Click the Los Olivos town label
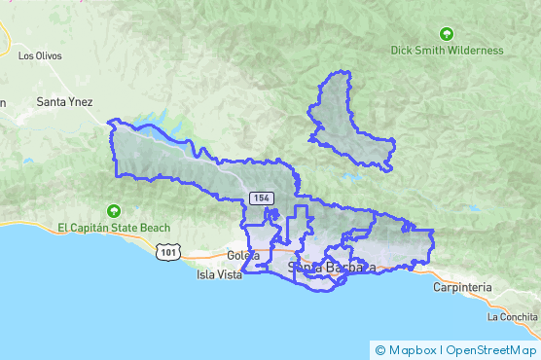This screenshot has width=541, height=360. [x=39, y=55]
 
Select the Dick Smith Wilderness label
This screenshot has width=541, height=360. [x=447, y=50]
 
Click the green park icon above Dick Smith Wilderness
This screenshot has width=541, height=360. [x=447, y=33]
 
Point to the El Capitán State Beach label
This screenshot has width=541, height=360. [x=114, y=228]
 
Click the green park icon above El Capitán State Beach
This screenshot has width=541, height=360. [x=114, y=210]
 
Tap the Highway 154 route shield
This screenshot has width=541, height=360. [x=259, y=198]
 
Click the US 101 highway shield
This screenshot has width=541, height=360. [x=169, y=253]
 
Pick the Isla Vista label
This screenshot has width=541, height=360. [x=219, y=274]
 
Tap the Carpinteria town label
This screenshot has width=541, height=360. [x=463, y=288]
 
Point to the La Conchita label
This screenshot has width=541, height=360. [x=513, y=317]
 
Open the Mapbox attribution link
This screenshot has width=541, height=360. [x=413, y=349]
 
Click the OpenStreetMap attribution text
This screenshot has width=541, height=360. [x=491, y=349]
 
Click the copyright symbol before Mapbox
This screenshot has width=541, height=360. [x=380, y=349]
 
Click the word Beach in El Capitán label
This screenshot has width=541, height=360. [x=153, y=228]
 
